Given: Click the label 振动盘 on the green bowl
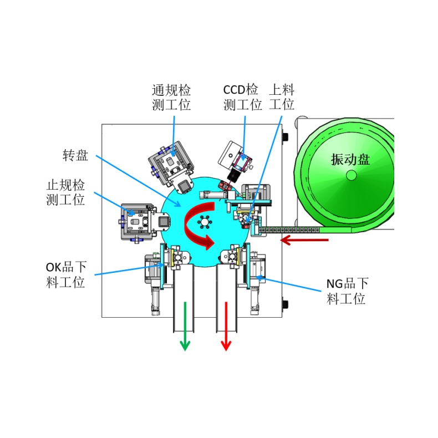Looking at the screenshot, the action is tap(350, 159).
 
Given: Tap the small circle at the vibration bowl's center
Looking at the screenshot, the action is tap(351, 175).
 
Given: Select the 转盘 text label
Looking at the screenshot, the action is tap(75, 155).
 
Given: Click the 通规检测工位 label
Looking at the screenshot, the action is tap(171, 98).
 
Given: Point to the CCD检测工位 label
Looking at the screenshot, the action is tap(242, 98).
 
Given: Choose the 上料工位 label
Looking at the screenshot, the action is tap(282, 98).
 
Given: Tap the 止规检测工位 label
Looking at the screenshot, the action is tap(65, 192).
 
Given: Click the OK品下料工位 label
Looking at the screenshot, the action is tap(66, 274).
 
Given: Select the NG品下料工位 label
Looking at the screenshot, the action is tap(347, 291).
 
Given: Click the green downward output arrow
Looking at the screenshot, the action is tap(185, 326).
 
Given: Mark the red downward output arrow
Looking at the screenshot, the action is tap(226, 326).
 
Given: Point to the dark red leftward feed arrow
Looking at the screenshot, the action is tap(304, 240).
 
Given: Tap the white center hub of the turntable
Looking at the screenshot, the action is tap(205, 222).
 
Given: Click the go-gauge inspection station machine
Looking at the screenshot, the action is tap(171, 166).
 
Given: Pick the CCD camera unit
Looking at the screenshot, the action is tap(235, 161).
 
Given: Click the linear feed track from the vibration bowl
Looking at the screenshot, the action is tap(289, 230).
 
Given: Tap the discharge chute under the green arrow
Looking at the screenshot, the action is tap(184, 298).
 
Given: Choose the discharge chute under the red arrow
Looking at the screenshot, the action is tap(227, 298).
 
